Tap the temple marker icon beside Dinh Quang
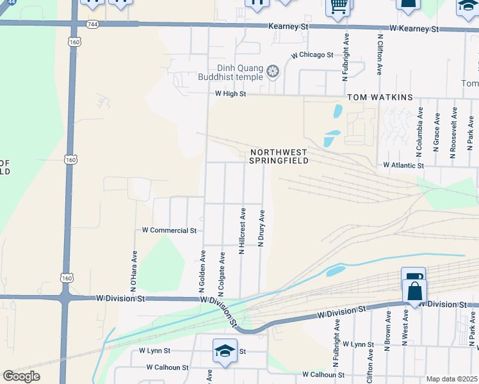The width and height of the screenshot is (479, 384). pos(273,70)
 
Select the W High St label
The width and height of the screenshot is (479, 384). pos(231,93)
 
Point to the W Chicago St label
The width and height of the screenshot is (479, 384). pos(312,56)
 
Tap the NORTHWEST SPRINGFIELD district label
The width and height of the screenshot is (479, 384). pos(279,156)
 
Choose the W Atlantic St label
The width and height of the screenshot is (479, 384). pos(403,165)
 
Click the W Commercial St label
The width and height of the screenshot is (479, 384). pos(169,230)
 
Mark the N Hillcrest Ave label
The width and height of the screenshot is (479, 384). pos(243,231)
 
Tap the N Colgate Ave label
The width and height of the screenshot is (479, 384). pos(222,274)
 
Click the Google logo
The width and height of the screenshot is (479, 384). pos(21,376)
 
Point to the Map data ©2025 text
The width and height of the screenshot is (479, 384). pos(451,379)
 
